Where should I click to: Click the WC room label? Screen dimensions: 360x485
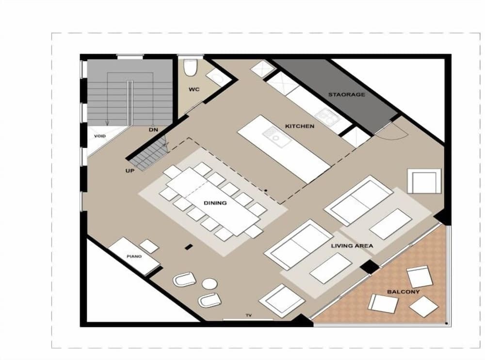pos(194,90)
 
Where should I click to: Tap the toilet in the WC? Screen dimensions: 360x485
pos(190,67)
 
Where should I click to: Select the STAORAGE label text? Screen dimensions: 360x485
pos(346,94)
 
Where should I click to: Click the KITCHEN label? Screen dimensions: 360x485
pos(299,126)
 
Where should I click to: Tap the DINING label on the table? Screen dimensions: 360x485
pos(214,203)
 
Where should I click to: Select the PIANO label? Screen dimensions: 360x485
pos(134,256)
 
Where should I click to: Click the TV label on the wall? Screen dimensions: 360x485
pos(248,315)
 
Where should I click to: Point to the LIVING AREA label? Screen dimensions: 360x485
pos(352,246)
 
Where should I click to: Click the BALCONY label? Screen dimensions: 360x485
pos(403,292)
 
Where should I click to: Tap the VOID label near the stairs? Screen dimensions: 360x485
pos(99,136)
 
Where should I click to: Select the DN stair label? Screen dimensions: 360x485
pos(153,130)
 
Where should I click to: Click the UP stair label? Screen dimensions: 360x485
pos(130,171)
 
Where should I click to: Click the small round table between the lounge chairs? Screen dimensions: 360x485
pos(209,283)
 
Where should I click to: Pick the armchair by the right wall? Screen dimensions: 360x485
pos(424,181)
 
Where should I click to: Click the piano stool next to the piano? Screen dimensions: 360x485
pos(149,246)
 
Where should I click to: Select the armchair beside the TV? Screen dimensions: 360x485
pos(282,300)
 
